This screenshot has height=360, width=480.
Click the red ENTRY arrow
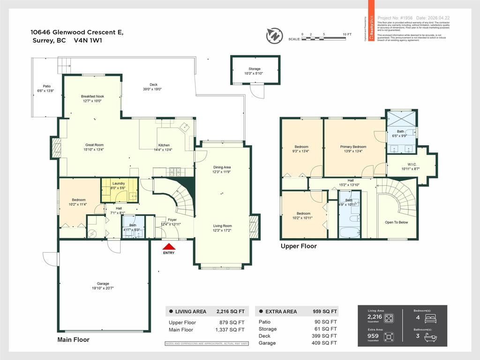pyautogui.click(x=169, y=247)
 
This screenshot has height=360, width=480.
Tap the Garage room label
pyautogui.click(x=103, y=284)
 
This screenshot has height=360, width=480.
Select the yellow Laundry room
pyautogui.click(x=120, y=190)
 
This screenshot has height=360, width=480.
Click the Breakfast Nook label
pyautogui.click(x=92, y=96)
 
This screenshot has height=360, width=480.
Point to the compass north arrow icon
pyautogui.click(x=274, y=36)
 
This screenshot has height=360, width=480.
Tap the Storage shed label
pyautogui.click(x=255, y=69)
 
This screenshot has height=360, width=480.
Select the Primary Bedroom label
pyautogui.click(x=353, y=147)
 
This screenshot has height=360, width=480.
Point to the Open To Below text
pyautogui.click(x=396, y=222)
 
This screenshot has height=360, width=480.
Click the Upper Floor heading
pyautogui.click(x=299, y=246)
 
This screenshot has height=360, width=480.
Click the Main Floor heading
pyautogui.click(x=73, y=339)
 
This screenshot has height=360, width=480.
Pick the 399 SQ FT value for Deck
pyautogui.click(x=326, y=336)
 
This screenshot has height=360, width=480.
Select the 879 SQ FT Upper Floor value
pyautogui.click(x=234, y=322)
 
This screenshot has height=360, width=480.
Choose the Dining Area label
pyautogui.click(x=222, y=167)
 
